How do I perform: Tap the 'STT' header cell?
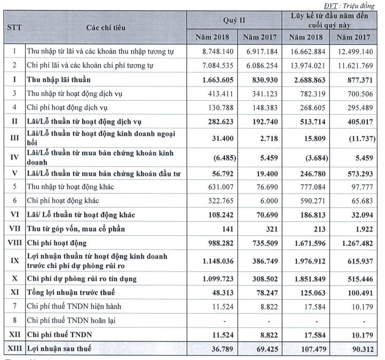pos(14,27)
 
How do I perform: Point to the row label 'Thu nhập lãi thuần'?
pos(59,79)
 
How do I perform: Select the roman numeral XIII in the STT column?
pos(14,349)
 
